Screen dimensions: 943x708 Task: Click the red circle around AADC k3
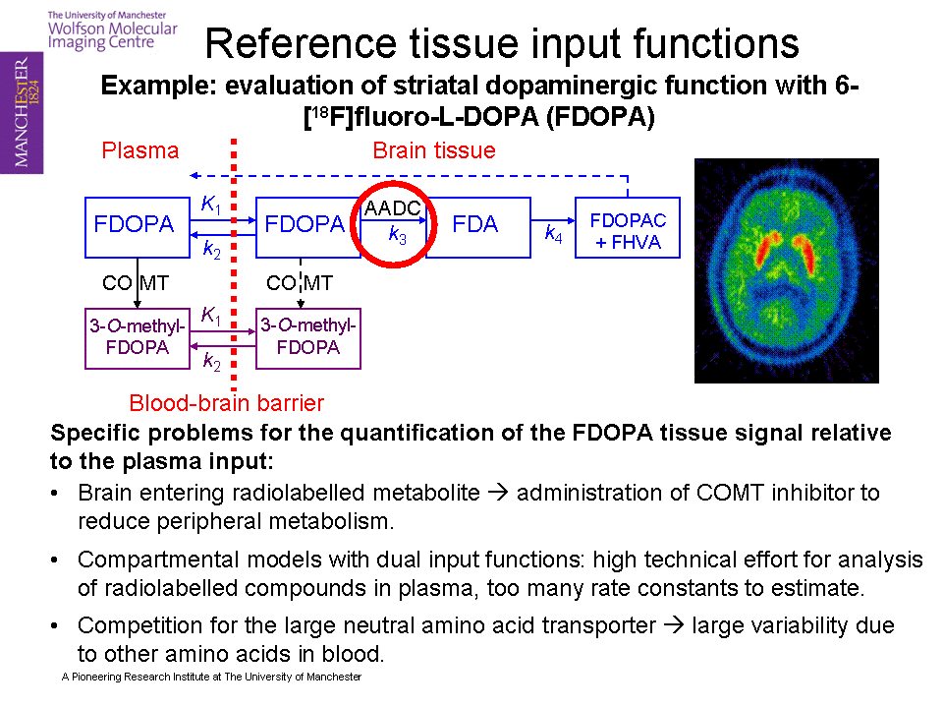pos(393,184)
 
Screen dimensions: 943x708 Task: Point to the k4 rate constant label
pos(553,233)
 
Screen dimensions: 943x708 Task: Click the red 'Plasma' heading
pos(140,150)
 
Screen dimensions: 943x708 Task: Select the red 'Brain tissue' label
pos(434,150)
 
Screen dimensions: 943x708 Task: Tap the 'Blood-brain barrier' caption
pos(227,403)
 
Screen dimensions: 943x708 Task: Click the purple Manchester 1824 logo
pos(22,112)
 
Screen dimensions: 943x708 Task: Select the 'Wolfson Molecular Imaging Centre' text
pos(112,35)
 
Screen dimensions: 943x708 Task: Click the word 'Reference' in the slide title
pos(301,43)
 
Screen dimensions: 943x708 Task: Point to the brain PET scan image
pos(787,270)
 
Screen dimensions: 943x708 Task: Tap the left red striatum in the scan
pos(768,248)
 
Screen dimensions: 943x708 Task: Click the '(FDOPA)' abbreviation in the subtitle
pos(600,116)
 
